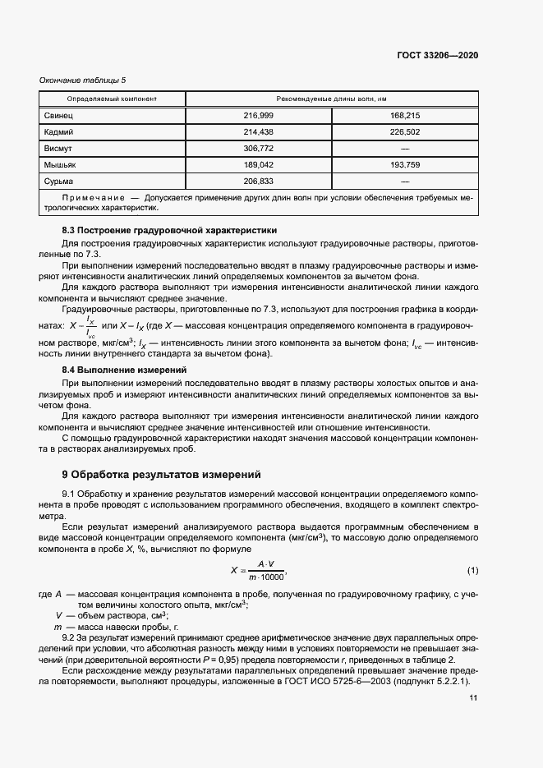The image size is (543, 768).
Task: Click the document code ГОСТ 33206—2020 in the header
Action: click(x=436, y=55)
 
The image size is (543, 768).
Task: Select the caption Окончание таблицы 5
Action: click(x=83, y=80)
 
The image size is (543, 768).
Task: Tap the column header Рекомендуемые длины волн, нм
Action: click(x=332, y=99)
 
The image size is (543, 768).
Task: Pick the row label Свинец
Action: click(x=58, y=116)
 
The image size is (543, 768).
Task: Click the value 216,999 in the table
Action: click(x=258, y=116)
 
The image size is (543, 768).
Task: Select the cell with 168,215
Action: click(x=404, y=116)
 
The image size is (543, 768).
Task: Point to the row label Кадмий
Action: click(x=59, y=131)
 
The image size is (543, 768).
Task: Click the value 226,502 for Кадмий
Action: click(x=404, y=131)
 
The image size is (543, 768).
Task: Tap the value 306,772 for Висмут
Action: click(x=258, y=148)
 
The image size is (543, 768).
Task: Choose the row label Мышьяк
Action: click(x=60, y=164)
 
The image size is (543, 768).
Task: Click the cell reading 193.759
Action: click(x=404, y=164)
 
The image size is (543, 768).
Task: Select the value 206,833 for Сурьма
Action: click(x=258, y=180)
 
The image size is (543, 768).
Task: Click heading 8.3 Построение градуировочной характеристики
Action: click(x=170, y=230)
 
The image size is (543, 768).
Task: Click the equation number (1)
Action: click(x=472, y=570)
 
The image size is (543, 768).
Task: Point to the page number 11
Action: click(x=473, y=698)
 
